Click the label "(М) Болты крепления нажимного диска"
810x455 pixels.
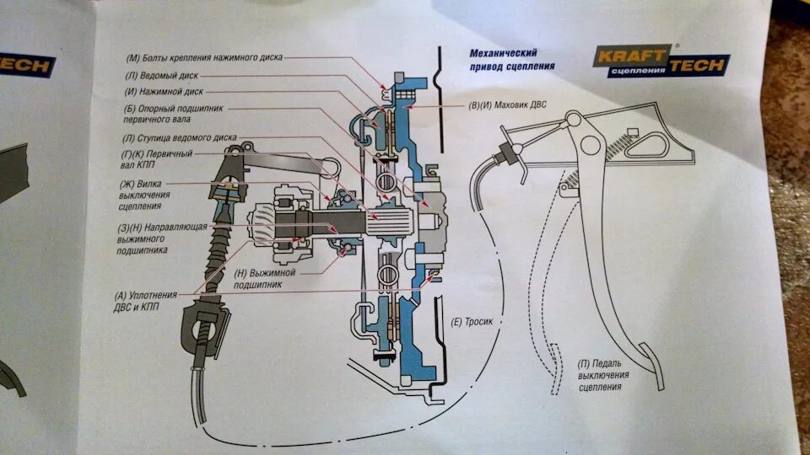[x=204, y=58]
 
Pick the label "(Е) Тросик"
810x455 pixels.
[x=471, y=322]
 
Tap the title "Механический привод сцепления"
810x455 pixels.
[x=512, y=58]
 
